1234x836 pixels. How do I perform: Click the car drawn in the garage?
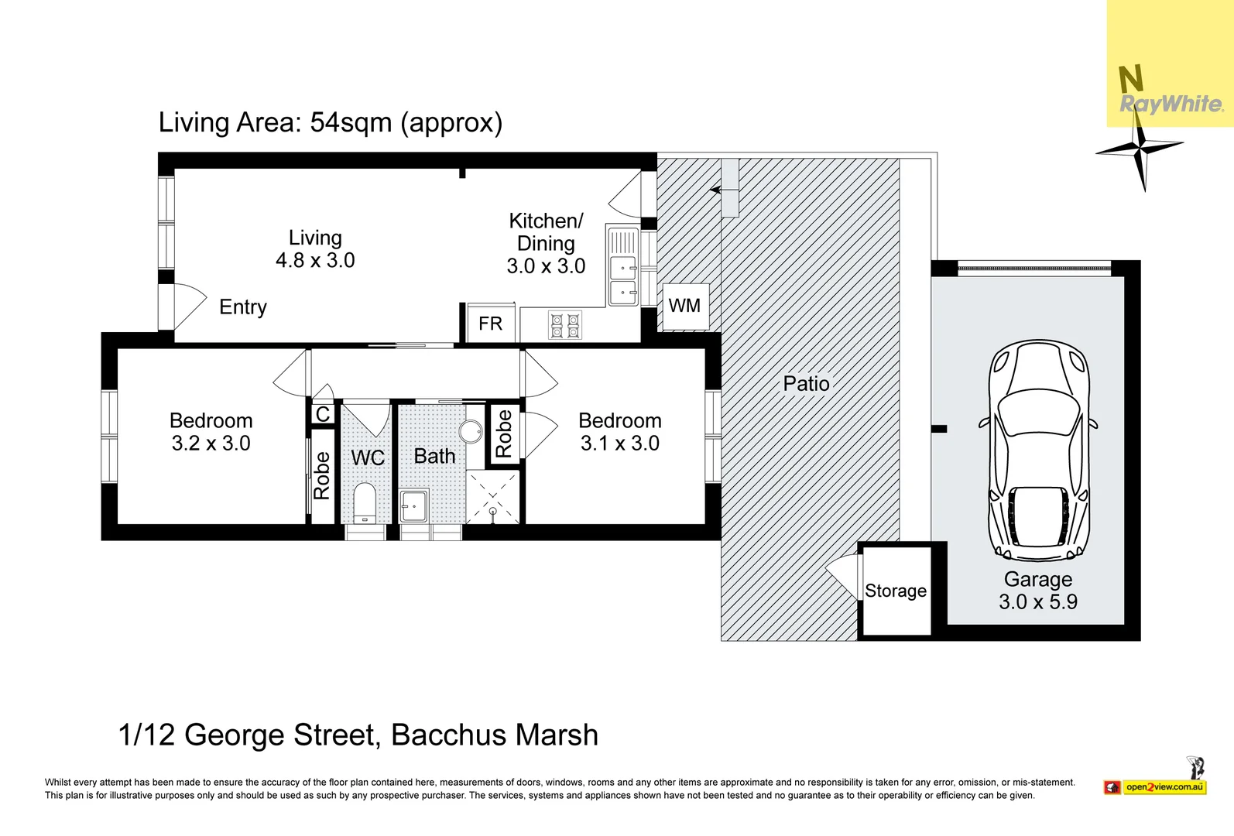click(x=1038, y=451)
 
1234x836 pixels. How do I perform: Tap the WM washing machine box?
click(x=685, y=307)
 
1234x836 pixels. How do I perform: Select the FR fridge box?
click(x=490, y=323)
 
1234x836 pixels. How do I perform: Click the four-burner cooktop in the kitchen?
click(x=565, y=325)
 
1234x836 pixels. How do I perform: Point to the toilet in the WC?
click(x=364, y=503)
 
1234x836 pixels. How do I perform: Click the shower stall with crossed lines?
click(x=493, y=497)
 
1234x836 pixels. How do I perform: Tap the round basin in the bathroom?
click(x=471, y=432)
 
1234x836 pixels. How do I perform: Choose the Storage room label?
click(x=895, y=591)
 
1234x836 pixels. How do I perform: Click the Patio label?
click(x=807, y=384)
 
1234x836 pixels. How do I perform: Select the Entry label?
click(x=243, y=307)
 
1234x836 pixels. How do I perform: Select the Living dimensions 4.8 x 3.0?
click(x=315, y=261)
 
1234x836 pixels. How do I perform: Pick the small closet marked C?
click(x=323, y=413)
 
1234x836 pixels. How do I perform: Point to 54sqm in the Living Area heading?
click(x=351, y=123)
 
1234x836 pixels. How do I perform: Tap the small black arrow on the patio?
click(x=715, y=190)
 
